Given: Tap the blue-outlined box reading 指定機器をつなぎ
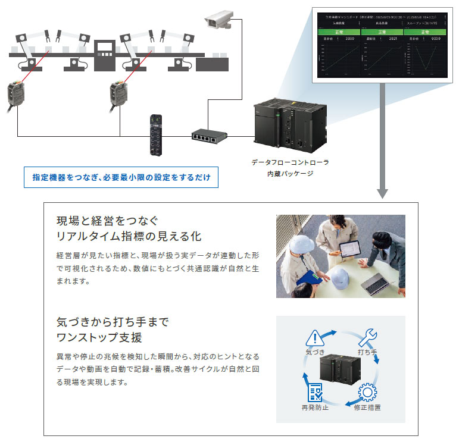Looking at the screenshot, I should pyautogui.click(x=121, y=177).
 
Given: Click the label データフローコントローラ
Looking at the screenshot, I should pyautogui.click(x=290, y=162).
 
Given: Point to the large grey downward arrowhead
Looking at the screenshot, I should pyautogui.click(x=383, y=193).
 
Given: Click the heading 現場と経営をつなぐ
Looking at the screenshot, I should pyautogui.click(x=107, y=221).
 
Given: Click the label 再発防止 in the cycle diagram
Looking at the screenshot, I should pyautogui.click(x=314, y=407).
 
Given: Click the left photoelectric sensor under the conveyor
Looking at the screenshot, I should pyautogui.click(x=17, y=96).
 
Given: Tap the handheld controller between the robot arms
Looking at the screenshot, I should pyautogui.click(x=105, y=50).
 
